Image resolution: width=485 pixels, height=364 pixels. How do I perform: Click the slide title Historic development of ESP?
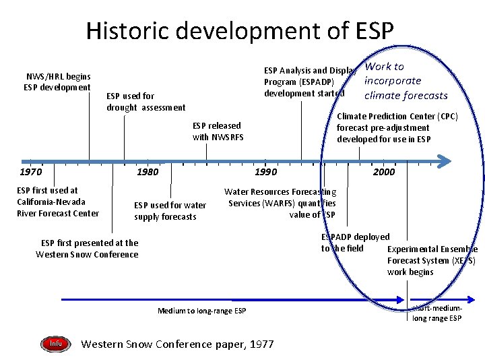(239, 30)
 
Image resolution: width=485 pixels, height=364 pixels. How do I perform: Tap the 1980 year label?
(148, 172)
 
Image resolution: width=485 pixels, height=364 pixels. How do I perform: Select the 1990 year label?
(265, 172)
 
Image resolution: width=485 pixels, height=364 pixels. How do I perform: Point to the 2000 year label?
(384, 172)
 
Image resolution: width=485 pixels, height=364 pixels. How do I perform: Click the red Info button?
(55, 344)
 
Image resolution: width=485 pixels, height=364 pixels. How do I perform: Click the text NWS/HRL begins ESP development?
(57, 82)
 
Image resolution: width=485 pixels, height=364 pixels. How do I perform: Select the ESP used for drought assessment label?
(145, 102)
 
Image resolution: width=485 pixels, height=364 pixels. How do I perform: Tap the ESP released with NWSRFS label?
(218, 131)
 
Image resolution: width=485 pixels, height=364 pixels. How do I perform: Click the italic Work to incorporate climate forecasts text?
(405, 81)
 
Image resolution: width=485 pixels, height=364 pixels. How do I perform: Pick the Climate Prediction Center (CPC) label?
(397, 127)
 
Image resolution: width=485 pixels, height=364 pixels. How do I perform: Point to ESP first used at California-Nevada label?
(57, 202)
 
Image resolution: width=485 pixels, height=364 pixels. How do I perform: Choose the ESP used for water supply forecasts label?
(170, 211)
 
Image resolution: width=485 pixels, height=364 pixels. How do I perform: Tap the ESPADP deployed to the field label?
(354, 243)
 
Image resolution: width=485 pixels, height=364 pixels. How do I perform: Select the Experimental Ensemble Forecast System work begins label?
(432, 260)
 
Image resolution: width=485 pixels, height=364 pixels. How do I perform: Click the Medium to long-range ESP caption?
(201, 311)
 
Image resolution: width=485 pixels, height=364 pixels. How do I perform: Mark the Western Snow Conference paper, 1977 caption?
(177, 344)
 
